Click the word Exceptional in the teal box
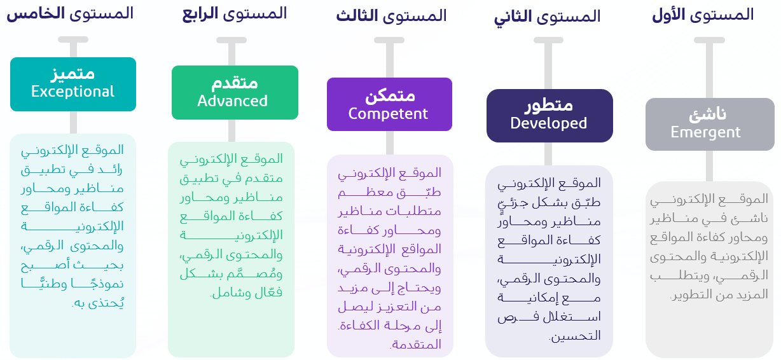click(73, 92)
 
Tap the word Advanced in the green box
click(232, 101)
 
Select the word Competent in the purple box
click(388, 114)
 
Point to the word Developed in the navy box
click(548, 123)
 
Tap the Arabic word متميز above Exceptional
click(73, 74)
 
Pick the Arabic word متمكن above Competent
click(389, 95)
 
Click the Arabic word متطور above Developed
click(549, 105)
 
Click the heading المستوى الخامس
click(70, 13)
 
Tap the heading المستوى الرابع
click(234, 13)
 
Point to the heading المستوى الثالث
click(391, 15)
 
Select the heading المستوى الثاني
click(548, 17)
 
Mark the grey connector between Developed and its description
click(549, 153)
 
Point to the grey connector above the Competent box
click(390, 59)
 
